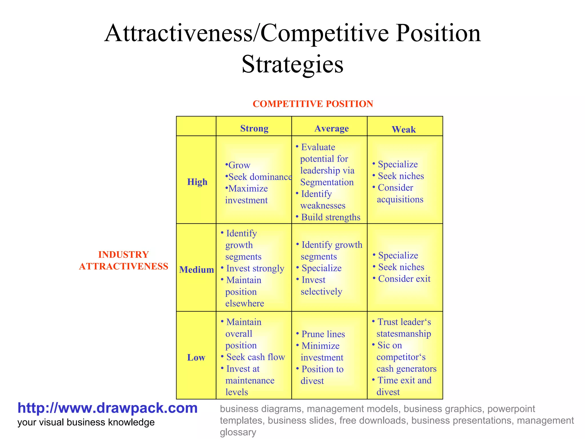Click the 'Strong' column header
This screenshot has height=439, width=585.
[254, 128]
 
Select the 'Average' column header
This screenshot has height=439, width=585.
[331, 128]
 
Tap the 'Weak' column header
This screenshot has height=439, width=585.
[403, 129]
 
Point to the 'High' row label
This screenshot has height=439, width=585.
[197, 182]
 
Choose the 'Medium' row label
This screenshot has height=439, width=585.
[197, 270]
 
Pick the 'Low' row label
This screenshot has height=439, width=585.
[196, 357]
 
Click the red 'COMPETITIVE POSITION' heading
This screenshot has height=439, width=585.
[313, 104]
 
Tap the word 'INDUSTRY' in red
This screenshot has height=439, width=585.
[123, 254]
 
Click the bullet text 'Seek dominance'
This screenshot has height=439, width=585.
[260, 177]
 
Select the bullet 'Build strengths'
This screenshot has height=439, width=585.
[330, 217]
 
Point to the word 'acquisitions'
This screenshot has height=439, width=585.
[400, 199]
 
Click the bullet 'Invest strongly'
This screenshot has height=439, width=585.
[255, 268]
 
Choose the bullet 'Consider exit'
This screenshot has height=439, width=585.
[404, 279]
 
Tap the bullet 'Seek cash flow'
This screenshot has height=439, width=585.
[255, 357]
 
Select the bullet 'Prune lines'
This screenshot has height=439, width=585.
[323, 334]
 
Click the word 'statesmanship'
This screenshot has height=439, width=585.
[404, 334]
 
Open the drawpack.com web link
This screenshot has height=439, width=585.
[107, 408]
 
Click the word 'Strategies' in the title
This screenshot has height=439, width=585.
[292, 64]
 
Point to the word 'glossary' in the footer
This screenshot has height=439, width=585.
[238, 432]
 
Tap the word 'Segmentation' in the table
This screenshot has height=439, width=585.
[327, 182]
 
